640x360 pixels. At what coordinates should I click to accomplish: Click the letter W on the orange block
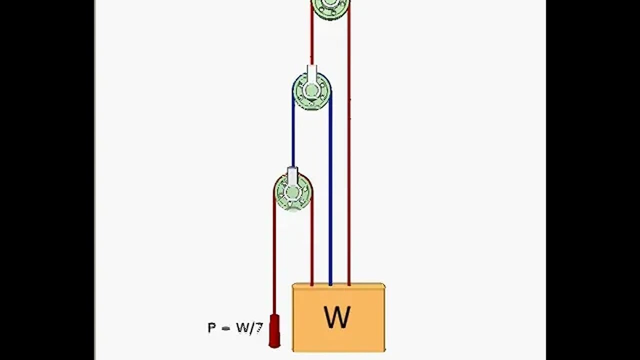[337, 317]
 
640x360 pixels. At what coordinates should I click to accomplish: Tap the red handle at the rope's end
[274, 330]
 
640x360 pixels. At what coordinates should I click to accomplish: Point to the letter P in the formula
[212, 328]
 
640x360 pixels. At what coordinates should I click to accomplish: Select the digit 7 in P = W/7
[258, 328]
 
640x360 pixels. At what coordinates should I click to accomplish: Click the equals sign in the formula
[225, 328]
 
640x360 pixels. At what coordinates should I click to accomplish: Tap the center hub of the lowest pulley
[293, 191]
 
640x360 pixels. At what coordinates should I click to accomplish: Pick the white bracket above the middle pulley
[312, 74]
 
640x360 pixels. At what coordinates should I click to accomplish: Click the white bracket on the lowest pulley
[293, 175]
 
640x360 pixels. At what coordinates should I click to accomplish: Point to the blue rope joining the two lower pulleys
[293, 135]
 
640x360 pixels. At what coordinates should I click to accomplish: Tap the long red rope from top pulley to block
[349, 150]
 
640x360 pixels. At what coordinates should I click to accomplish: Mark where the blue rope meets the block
[330, 285]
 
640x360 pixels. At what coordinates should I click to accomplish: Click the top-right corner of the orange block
[384, 285]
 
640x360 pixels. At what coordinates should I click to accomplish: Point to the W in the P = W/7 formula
[242, 328]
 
